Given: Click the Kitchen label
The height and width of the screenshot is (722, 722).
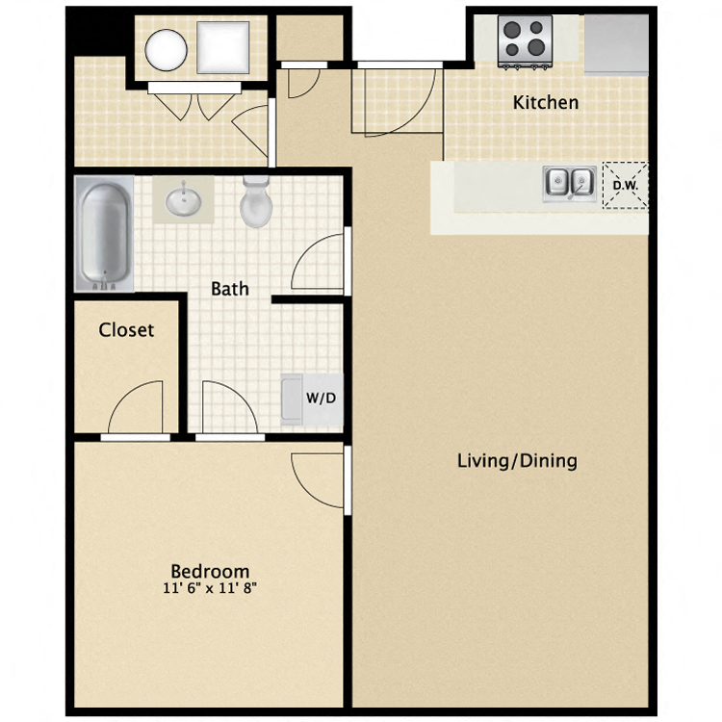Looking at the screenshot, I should tap(546, 102).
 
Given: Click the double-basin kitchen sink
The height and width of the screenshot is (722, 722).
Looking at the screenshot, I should tap(568, 181).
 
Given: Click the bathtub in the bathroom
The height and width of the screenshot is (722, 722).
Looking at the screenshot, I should tap(104, 235).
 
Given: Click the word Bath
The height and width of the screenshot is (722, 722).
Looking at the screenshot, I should tap(230, 288).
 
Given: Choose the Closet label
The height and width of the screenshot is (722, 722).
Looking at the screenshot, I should tap(126, 330).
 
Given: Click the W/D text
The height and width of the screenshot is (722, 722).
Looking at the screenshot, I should tap(321, 398).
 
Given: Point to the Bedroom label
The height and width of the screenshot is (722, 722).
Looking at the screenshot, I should tap(210, 571).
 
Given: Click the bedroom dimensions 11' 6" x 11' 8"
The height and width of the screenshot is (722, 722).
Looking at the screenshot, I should tap(210, 588).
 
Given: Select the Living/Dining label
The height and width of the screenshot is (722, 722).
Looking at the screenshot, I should tap(517, 461).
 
